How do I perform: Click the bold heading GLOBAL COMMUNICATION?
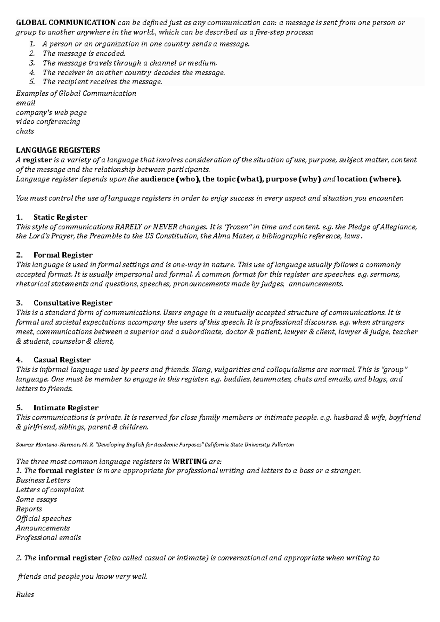[66, 23]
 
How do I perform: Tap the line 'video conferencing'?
[48, 122]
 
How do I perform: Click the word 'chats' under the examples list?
[25, 131]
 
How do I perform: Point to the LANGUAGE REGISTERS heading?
[58, 150]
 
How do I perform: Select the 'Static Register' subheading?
[60, 217]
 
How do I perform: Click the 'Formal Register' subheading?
[63, 255]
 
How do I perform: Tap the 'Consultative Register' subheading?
[73, 303]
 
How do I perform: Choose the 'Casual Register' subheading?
[62, 360]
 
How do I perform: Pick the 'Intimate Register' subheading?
[66, 408]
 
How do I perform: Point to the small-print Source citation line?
[155, 445]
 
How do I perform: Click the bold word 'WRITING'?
[189, 461]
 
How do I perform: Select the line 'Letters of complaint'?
[50, 490]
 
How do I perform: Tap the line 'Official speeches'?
[44, 519]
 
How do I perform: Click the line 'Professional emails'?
[48, 538]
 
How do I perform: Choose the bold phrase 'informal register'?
[70, 558]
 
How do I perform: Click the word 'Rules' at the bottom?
[25, 595]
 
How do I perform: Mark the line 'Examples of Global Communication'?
[76, 93]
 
